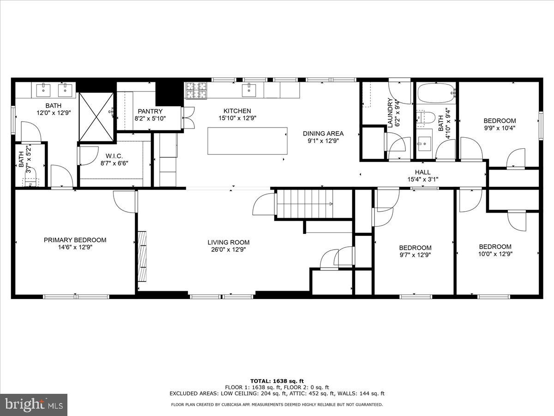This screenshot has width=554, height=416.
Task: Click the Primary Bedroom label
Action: [75, 240]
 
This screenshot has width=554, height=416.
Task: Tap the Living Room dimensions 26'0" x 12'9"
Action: [228, 250]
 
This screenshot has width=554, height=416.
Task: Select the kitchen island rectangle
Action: [247, 141]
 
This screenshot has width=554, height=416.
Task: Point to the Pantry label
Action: [150, 111]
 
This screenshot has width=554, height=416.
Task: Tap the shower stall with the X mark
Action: [96, 116]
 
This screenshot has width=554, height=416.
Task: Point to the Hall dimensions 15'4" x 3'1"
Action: [422, 179]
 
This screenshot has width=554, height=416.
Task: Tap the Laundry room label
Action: [390, 113]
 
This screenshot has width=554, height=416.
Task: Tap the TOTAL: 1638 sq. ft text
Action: [277, 380]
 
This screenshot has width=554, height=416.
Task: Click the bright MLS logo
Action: [34, 405]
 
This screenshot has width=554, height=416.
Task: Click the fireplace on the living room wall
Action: [143, 255]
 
